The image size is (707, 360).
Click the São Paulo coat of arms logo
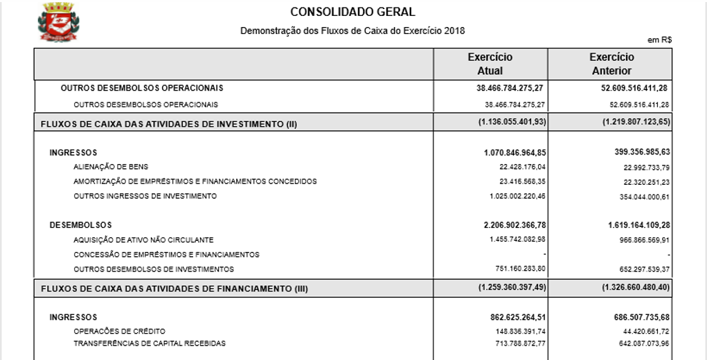(58, 21)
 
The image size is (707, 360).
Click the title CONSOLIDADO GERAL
(352, 12)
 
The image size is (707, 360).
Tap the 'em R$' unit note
(660, 40)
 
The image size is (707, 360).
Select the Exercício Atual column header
(490, 64)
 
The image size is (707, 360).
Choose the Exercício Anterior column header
(611, 64)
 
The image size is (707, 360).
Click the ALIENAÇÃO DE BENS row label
(111, 167)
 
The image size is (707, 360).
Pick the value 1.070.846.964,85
(514, 152)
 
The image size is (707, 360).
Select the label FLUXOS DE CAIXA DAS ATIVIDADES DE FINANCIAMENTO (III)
(174, 288)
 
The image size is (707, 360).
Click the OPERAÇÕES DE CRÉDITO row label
(119, 331)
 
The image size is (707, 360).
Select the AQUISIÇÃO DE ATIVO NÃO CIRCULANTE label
(143, 240)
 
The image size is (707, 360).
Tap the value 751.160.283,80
(517, 269)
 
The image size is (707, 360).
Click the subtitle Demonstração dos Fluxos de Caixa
(352, 30)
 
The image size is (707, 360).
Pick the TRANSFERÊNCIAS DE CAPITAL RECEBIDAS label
(150, 343)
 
